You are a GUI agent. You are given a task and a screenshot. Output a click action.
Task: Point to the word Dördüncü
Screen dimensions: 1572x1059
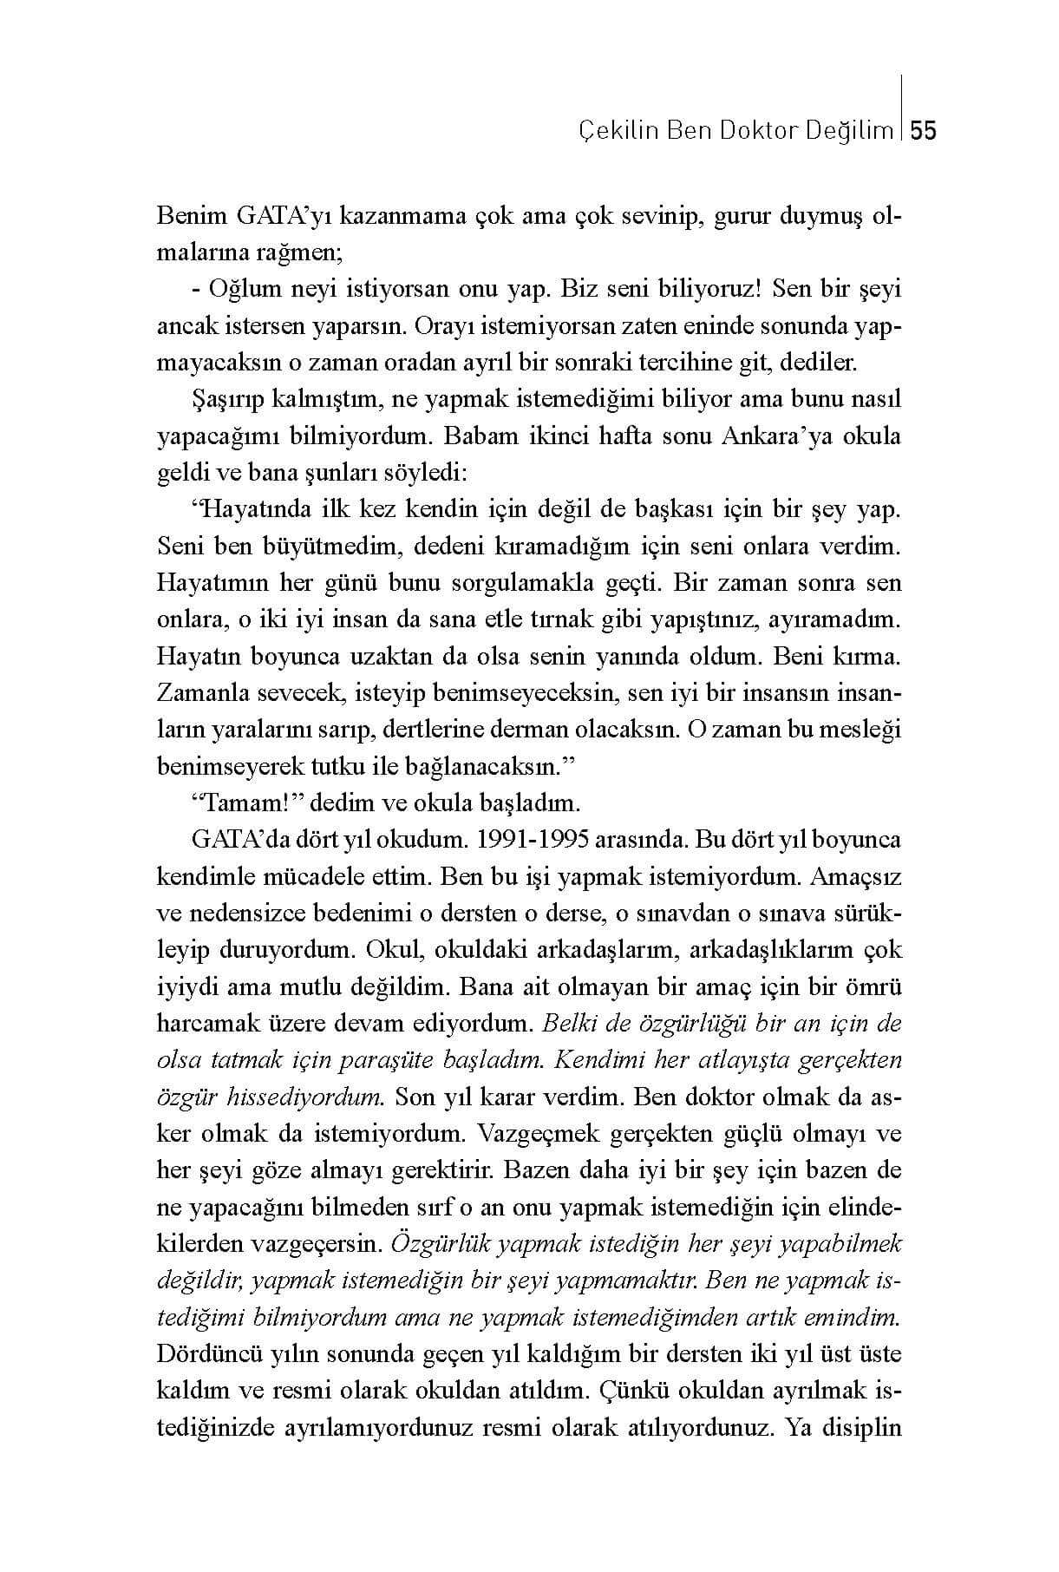205,1353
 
